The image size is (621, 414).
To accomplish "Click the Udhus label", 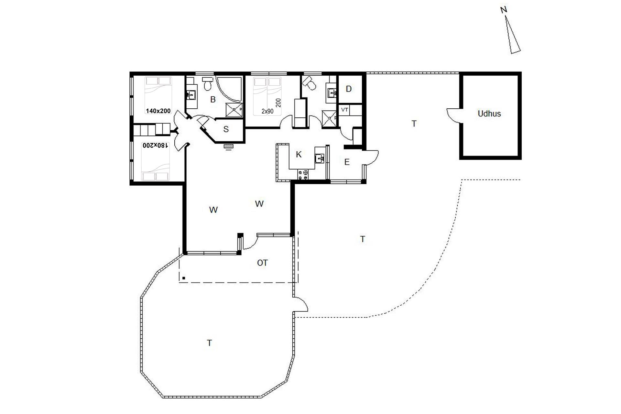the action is click(489, 114).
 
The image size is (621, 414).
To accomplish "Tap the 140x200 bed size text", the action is click(158, 111).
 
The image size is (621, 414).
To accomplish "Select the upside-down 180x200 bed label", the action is click(156, 146).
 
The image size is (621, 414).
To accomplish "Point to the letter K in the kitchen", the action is click(299, 155).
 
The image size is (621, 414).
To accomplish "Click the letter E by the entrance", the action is click(347, 162).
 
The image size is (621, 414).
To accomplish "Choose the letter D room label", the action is click(349, 89).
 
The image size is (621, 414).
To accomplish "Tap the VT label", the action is click(344, 110).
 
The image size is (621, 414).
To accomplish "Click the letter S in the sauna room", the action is click(226, 129).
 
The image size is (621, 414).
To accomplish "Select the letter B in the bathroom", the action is click(213, 100).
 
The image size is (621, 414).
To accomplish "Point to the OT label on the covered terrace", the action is click(262, 263).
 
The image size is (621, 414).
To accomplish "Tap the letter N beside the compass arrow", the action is click(504, 10).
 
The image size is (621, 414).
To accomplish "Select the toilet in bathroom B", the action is click(208, 84).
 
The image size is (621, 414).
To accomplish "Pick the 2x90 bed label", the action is click(267, 111).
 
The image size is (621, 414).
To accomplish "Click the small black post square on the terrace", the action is click(184, 278).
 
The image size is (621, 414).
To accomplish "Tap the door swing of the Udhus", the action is click(453, 116).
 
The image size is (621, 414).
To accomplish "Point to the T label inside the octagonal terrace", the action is click(210, 343).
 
